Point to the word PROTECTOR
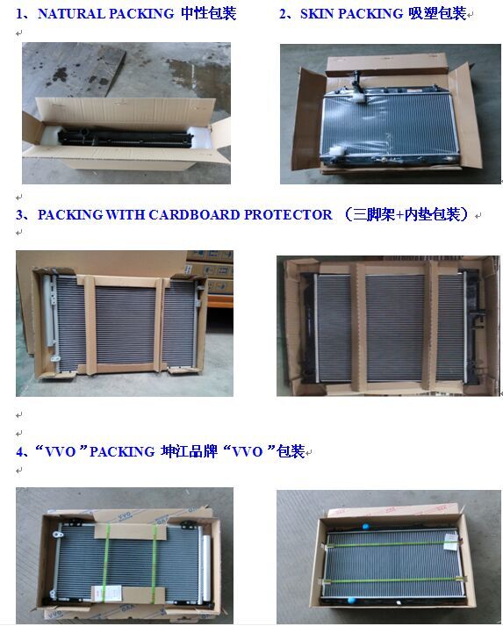pyautogui.click(x=288, y=215)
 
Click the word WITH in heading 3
pyautogui.click(x=125, y=215)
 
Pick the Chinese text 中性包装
pyautogui.click(x=209, y=13)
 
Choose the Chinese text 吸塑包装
pyautogui.click(x=437, y=14)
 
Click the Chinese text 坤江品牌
pyautogui.click(x=189, y=451)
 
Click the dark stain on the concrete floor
pyautogui.click(x=60, y=75)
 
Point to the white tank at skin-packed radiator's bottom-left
pyautogui.click(x=335, y=152)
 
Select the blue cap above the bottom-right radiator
pyautogui.click(x=365, y=527)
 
